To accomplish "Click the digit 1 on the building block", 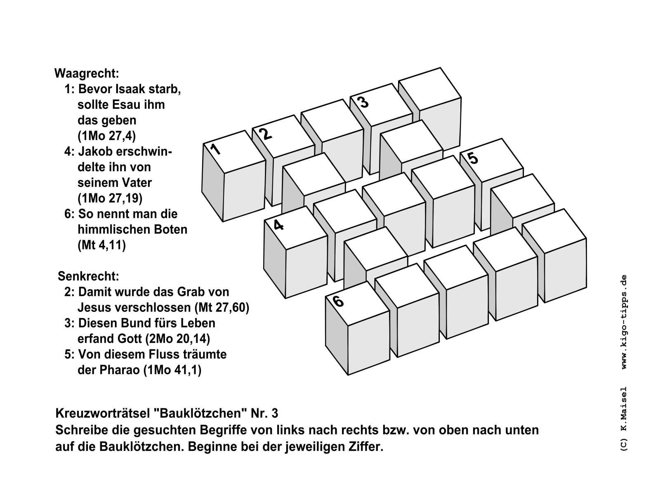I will [215, 149].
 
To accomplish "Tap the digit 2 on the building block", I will [266, 134].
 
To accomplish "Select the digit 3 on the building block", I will [363, 102].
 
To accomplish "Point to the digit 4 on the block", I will [278, 225].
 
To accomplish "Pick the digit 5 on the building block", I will [473, 158].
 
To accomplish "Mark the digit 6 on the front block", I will [338, 302].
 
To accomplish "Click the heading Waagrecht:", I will [87, 74].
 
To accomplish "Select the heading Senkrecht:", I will [88, 276].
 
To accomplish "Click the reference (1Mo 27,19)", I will [110, 198].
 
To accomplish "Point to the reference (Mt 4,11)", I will [101, 245].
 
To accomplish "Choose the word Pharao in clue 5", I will [120, 370].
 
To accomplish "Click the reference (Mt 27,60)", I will [221, 308].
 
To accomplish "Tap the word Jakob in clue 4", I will [95, 152].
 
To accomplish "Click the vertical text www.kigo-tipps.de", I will [623, 322].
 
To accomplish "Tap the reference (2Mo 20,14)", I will [177, 339].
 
